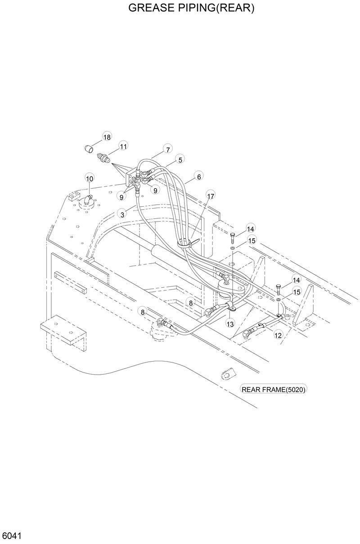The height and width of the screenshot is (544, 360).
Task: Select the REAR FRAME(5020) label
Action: [274, 390]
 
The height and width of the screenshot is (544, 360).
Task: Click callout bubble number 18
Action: [107, 137]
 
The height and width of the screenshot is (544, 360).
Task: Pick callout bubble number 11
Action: [123, 145]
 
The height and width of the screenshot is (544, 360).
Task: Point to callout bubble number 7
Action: [167, 149]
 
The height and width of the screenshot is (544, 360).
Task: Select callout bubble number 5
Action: [180, 159]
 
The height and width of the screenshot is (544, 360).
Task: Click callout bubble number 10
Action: [90, 178]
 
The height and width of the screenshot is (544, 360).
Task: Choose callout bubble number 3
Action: [122, 214]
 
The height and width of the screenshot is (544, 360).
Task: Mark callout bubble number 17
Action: [211, 195]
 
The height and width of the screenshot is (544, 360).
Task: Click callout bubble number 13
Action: [230, 324]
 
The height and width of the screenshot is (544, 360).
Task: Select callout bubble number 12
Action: [278, 335]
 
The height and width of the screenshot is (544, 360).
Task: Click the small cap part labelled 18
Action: [90, 147]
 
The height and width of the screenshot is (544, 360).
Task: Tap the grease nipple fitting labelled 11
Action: [103, 159]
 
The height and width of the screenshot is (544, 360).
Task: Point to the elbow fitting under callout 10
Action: [86, 198]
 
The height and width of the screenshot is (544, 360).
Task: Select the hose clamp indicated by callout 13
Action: [234, 308]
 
